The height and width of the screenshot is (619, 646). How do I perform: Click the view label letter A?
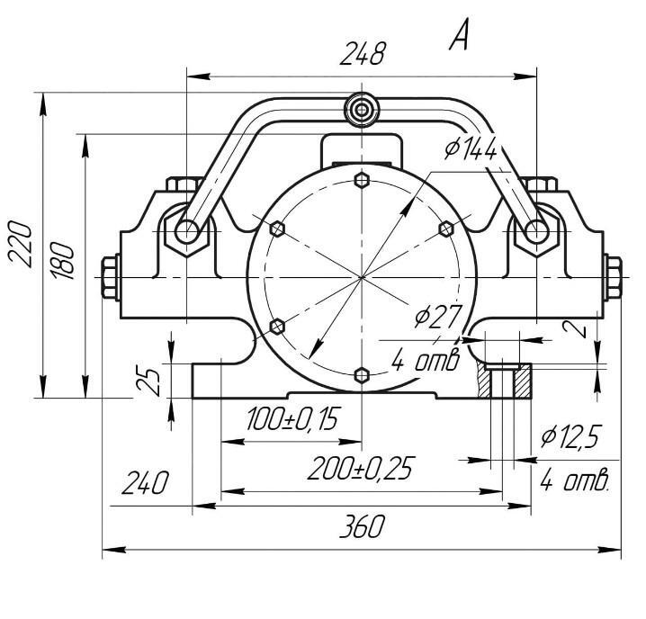click(x=459, y=34)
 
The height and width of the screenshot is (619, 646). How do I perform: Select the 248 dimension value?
click(x=363, y=54)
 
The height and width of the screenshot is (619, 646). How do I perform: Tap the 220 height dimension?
click(x=20, y=244)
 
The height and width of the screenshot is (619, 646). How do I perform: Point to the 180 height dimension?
click(x=63, y=260)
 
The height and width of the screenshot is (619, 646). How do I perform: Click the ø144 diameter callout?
click(x=471, y=148)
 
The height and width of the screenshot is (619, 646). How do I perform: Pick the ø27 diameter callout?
click(x=437, y=317)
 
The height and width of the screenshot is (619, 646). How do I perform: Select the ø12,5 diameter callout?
click(x=571, y=436)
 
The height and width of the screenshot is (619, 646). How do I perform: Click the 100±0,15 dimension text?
click(x=293, y=418)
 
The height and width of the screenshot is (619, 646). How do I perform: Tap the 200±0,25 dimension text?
click(x=360, y=469)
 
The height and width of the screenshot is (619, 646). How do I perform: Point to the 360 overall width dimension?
click(x=363, y=526)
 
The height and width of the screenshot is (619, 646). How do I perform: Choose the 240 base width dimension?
click(x=145, y=482)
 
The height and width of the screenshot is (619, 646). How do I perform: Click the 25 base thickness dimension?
click(x=148, y=381)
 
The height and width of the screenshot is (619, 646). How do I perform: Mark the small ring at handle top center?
click(x=362, y=110)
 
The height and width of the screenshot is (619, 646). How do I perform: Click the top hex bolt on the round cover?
click(x=362, y=180)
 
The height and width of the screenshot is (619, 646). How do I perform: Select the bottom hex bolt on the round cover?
click(x=362, y=375)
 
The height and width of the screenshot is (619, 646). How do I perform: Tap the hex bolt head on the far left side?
click(x=111, y=277)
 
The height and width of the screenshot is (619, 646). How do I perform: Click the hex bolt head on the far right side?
click(x=613, y=277)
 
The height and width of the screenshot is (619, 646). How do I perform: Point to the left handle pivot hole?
click(x=186, y=231)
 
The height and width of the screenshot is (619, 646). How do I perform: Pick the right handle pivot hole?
click(x=536, y=231)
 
